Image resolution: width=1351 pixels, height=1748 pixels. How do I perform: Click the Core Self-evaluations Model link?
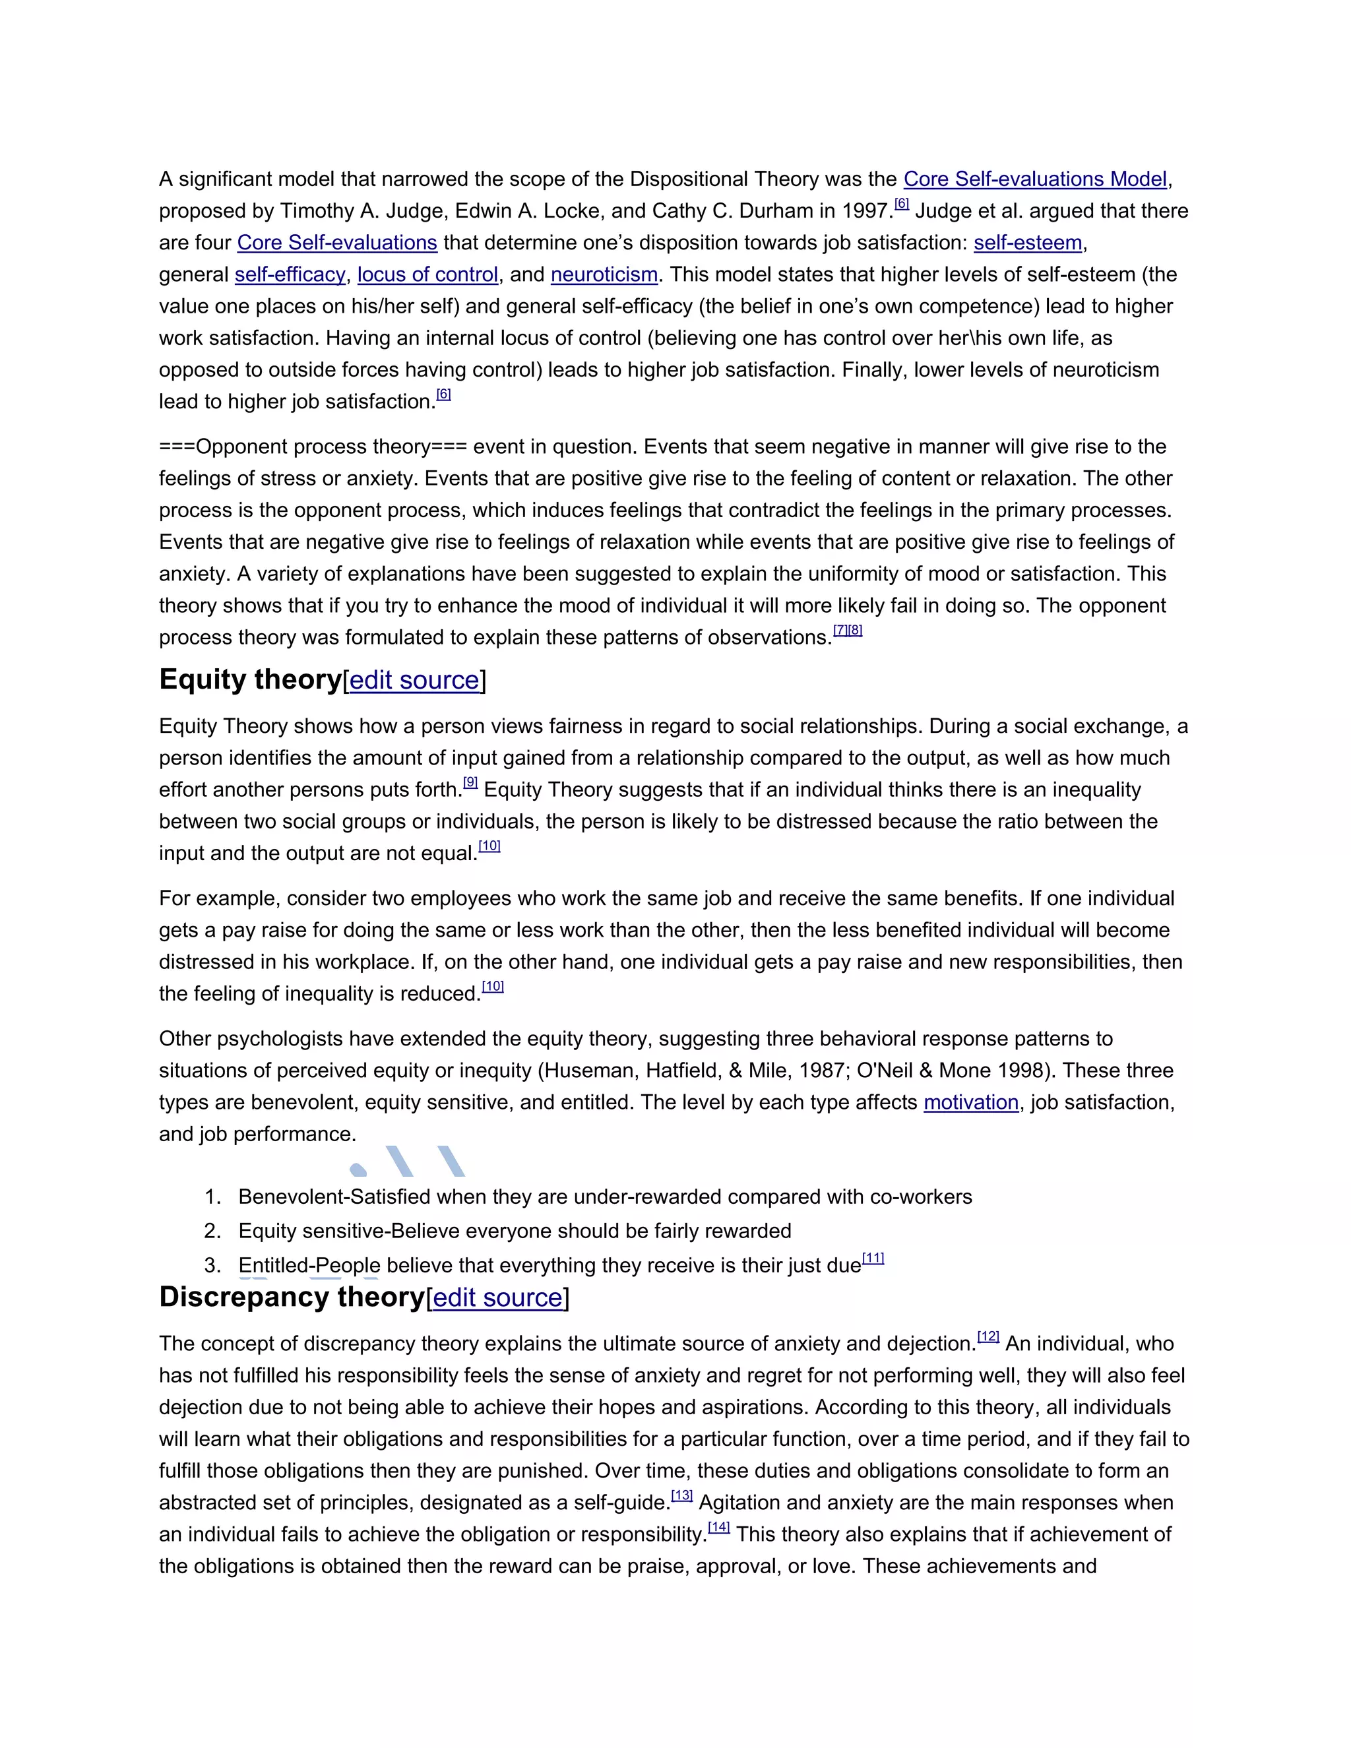(1035, 179)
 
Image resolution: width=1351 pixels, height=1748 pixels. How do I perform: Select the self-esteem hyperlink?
(1028, 243)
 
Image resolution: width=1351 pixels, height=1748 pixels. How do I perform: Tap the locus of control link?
(427, 274)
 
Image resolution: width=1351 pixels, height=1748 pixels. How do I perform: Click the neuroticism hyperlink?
(604, 274)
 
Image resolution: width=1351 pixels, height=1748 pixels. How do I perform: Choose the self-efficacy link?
(290, 274)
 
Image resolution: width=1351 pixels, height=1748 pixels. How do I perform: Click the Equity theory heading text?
(251, 679)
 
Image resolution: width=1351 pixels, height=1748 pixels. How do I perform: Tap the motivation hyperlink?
(971, 1102)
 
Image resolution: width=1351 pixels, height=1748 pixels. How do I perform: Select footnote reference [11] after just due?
(873, 1258)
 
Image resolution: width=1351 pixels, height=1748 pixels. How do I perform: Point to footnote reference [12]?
(988, 1336)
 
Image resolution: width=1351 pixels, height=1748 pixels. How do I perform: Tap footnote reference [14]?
(719, 1527)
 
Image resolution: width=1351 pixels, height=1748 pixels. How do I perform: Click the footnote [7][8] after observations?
(848, 630)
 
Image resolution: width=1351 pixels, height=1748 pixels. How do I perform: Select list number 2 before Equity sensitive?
(212, 1231)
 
